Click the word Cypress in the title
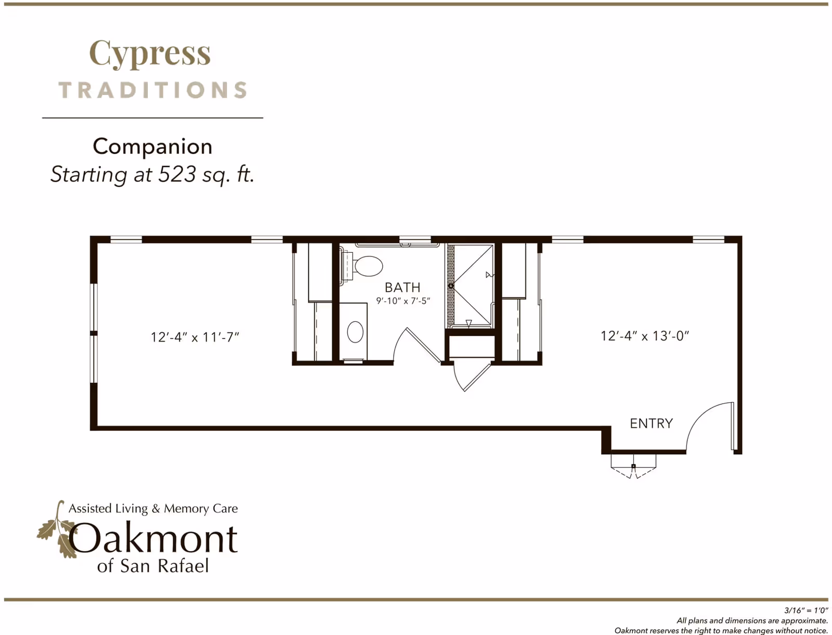(150, 54)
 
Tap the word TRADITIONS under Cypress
(152, 90)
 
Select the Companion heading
(152, 147)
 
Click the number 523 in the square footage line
(177, 174)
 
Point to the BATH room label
(402, 287)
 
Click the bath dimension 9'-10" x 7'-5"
(403, 301)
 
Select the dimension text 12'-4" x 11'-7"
(194, 337)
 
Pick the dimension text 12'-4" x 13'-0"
(644, 336)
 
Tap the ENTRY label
(651, 423)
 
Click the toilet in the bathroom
(366, 266)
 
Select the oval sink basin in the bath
(355, 332)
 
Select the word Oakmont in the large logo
(154, 538)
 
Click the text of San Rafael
(153, 566)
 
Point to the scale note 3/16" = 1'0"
(805, 611)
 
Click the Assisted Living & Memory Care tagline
(153, 509)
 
